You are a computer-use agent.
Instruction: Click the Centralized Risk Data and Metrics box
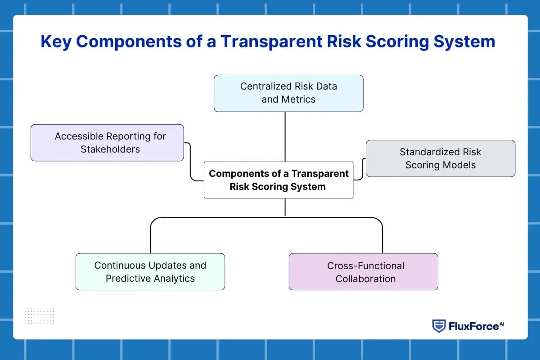tap(288, 93)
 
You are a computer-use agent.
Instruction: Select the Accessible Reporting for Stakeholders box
tap(107, 143)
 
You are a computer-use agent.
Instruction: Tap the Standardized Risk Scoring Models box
tap(440, 158)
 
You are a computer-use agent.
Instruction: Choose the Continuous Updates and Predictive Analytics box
tap(150, 272)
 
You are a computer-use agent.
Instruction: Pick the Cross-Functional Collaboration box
tap(363, 272)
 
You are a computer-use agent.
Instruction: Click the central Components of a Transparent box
tap(279, 180)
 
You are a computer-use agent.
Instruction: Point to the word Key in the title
tap(57, 41)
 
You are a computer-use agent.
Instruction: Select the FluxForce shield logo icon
tap(439, 326)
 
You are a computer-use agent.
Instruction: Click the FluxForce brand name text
tap(473, 326)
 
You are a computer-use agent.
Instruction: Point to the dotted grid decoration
tap(40, 316)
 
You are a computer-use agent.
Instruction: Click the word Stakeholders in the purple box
tap(110, 149)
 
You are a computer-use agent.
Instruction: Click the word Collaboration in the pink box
tap(365, 279)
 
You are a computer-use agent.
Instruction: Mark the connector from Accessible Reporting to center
tap(191, 162)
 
